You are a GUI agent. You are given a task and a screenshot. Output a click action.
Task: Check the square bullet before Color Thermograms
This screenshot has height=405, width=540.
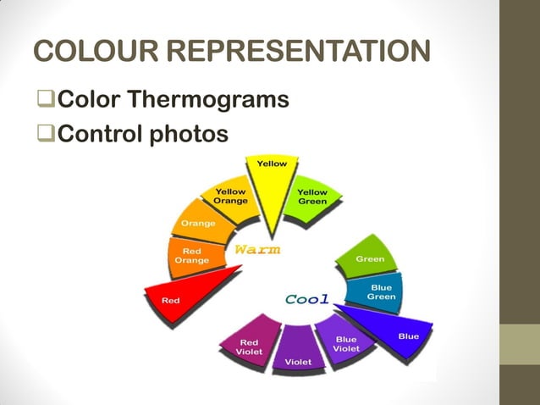(x=44, y=101)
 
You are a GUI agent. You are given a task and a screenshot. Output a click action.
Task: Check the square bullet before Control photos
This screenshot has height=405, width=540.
(x=44, y=134)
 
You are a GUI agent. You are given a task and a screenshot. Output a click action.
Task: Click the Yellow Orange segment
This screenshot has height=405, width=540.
(x=230, y=200)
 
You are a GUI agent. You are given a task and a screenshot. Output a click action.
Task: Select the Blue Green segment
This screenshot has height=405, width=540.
(x=380, y=291)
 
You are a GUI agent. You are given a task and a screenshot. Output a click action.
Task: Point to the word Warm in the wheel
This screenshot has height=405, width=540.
(x=256, y=250)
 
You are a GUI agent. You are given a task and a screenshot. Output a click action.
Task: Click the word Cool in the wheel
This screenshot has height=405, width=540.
(x=306, y=299)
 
